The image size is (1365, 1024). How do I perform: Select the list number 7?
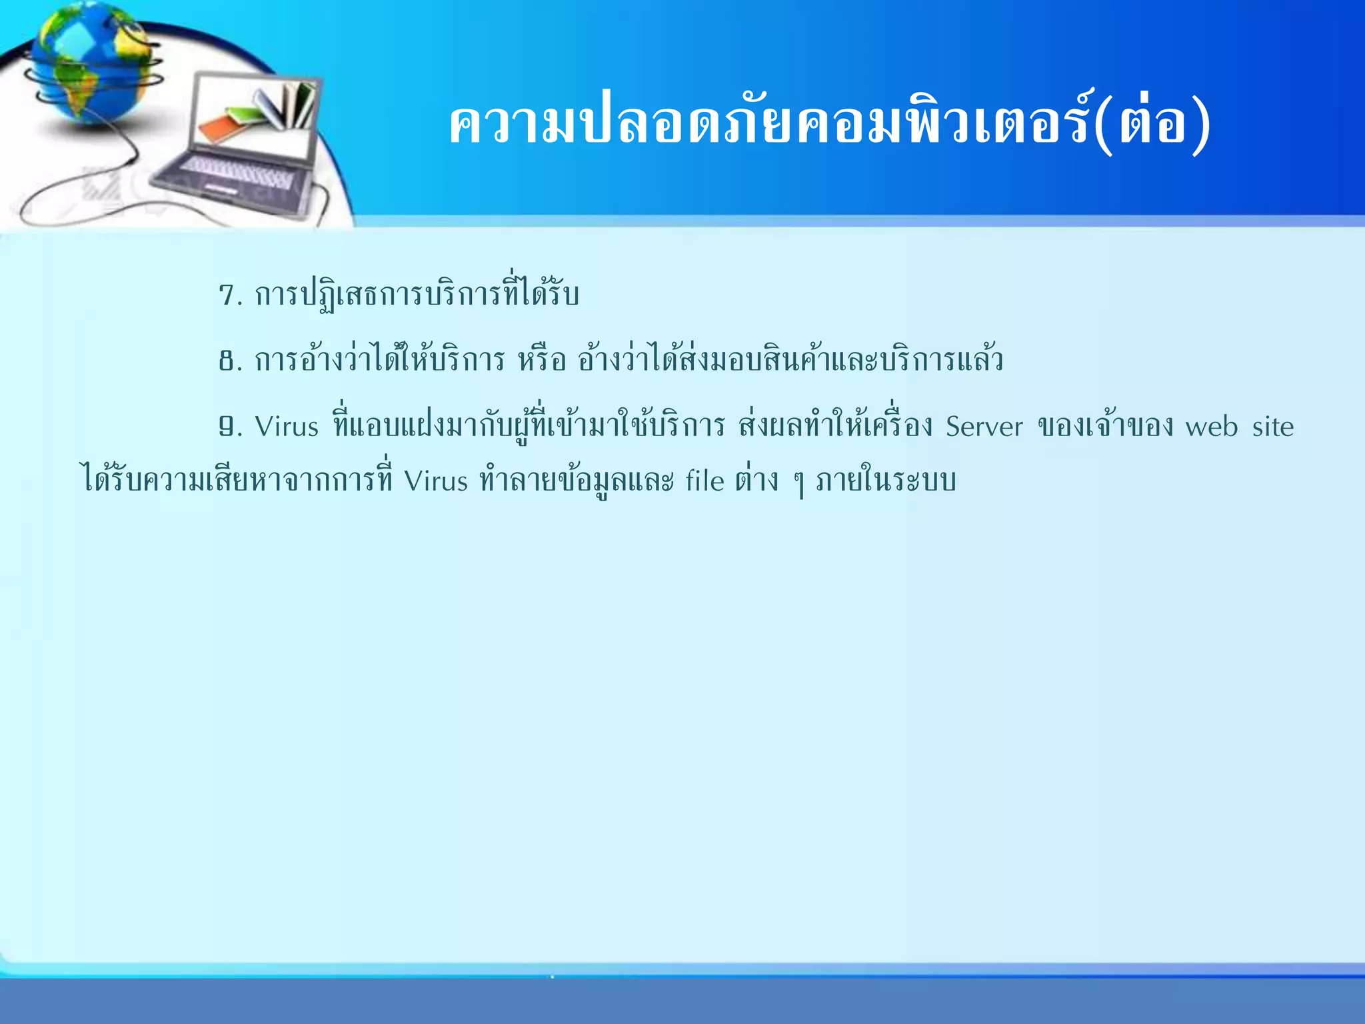[x=230, y=295]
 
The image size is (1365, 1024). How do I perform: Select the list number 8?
[x=230, y=361]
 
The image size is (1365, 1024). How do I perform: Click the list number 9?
[x=230, y=427]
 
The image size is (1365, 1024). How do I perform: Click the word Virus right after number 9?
[x=287, y=427]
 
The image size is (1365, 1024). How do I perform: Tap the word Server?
[x=984, y=427]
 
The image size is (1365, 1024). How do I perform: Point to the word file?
[x=704, y=481]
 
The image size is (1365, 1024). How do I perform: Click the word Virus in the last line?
[x=436, y=481]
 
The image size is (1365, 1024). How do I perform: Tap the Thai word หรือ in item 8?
[x=542, y=361]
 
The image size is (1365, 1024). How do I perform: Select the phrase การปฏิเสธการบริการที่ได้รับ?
[x=417, y=295]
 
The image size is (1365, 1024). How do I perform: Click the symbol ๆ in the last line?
[x=798, y=483]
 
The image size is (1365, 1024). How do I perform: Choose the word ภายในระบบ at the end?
[x=886, y=481]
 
